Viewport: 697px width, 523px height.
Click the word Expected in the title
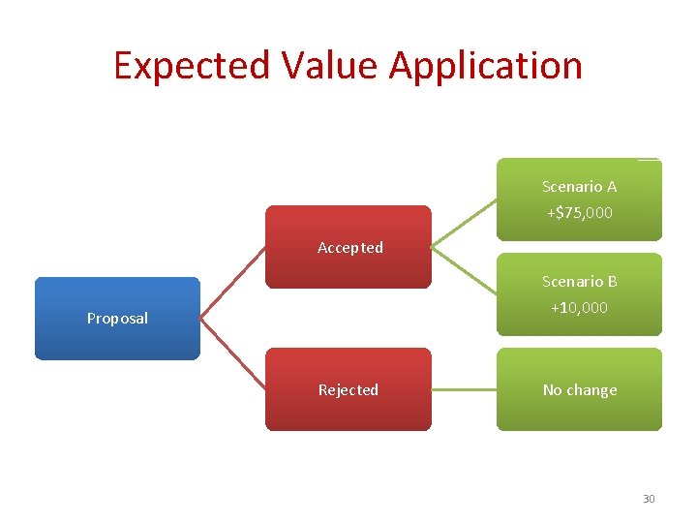pos(192,66)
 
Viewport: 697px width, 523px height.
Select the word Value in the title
pos(329,66)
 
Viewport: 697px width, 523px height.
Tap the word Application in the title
pos(486,66)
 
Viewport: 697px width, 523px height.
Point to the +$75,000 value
pos(579,213)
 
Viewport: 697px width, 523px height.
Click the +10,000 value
pos(579,308)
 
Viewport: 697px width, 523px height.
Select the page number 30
pos(649,499)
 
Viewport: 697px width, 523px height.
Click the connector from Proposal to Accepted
pos(233,281)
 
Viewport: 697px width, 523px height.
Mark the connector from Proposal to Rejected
pos(233,354)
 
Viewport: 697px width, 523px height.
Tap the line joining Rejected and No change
pos(464,390)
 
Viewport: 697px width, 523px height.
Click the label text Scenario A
pos(579,187)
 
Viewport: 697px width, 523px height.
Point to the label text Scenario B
pos(579,282)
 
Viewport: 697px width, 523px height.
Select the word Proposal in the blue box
pos(117,319)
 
